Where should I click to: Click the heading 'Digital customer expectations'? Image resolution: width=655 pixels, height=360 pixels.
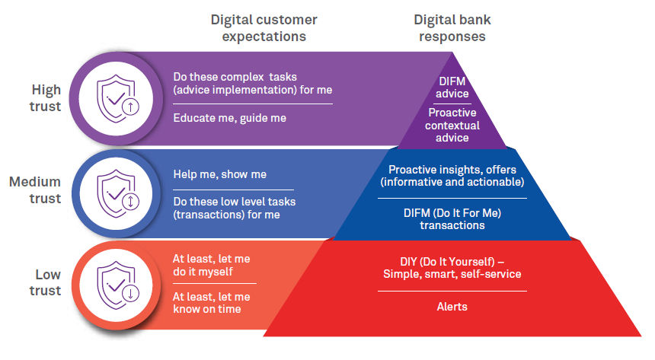(264, 27)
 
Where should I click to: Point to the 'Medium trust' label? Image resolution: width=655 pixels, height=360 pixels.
(35, 190)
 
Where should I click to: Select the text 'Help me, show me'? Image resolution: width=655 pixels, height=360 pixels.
(219, 174)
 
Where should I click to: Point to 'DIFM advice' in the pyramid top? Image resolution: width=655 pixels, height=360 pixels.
(452, 88)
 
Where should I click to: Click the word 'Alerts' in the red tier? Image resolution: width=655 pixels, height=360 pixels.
(452, 307)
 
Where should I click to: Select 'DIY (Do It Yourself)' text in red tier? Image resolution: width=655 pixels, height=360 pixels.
(452, 268)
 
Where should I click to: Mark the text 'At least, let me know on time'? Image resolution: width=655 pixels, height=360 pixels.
(211, 302)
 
